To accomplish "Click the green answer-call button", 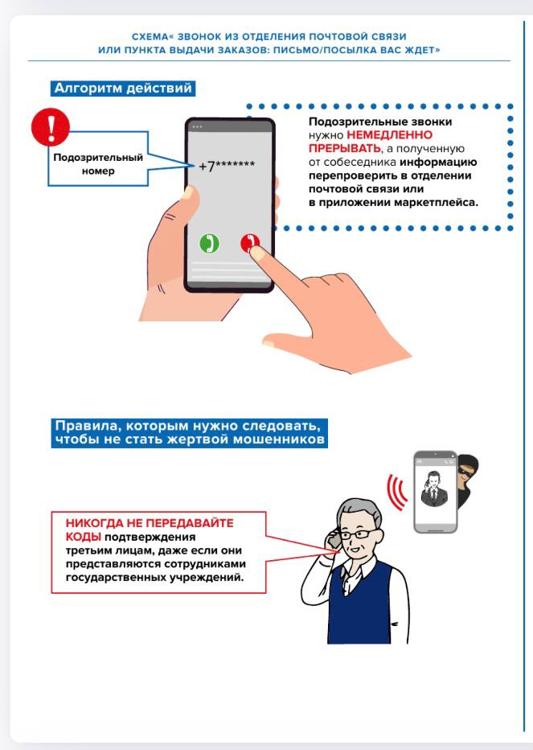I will tap(209, 242).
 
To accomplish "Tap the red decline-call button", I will tap(250, 242).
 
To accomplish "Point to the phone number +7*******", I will tap(227, 165).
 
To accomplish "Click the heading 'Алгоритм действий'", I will tap(123, 89).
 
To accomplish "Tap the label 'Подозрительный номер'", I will tap(98, 164).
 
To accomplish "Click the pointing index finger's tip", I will tap(256, 252).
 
